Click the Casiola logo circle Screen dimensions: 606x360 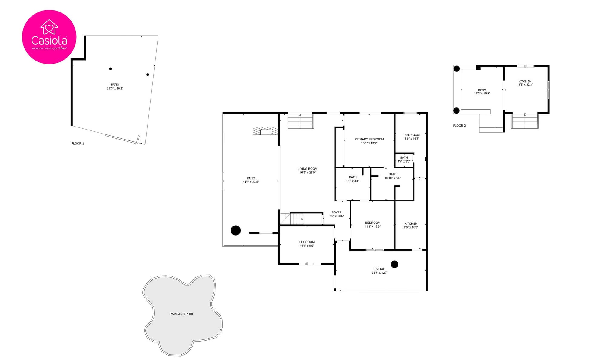pos(49,37)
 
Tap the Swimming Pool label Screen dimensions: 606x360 pos(181,314)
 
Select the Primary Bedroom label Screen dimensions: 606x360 pos(369,139)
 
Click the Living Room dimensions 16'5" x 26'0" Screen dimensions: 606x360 pos(308,173)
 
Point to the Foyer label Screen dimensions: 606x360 pos(337,213)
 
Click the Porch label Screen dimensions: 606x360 pos(380,269)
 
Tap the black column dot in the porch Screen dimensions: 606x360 pos(394,264)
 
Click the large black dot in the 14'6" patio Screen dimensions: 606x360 pos(235,230)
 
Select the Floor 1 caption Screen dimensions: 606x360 pos(78,144)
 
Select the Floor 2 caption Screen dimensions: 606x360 pos(459,126)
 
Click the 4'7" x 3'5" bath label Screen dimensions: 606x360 pos(404,160)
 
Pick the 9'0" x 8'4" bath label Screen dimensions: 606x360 pos(353,179)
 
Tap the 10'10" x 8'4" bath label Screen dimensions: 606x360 pos(392,176)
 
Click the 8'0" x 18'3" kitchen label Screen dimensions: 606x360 pos(411,226)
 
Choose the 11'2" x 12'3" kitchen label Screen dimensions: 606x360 pos(525,83)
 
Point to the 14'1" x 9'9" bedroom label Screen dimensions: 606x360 pos(307,244)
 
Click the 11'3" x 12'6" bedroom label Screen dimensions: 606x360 pos(373,225)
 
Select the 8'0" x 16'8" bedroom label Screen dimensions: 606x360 pos(412,137)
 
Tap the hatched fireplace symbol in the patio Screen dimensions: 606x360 pos(265,131)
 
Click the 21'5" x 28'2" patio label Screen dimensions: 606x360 pos(115,87)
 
